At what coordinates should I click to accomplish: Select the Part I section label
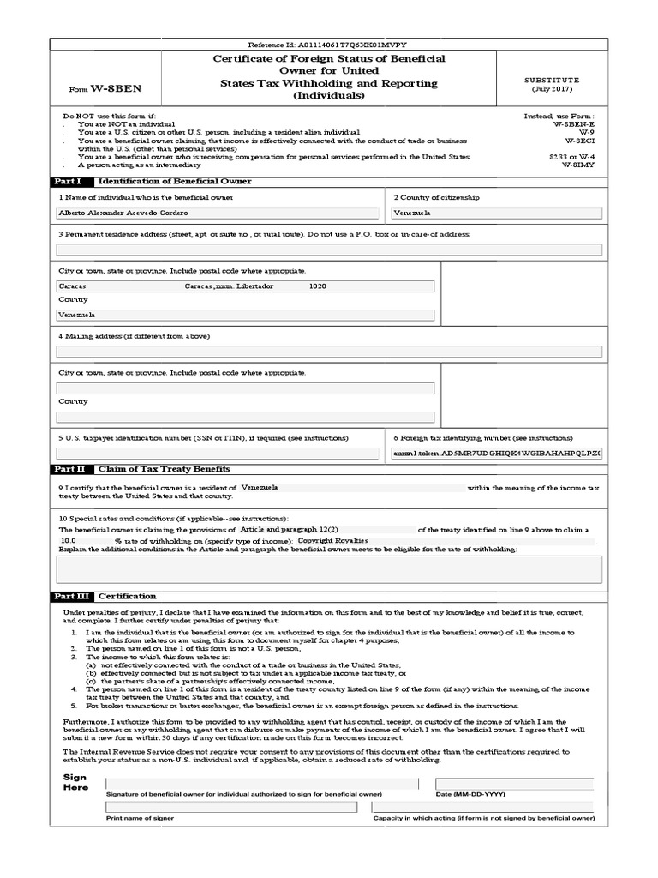pyautogui.click(x=68, y=182)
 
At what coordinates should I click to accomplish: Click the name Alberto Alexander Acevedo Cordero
pyautogui.click(x=123, y=213)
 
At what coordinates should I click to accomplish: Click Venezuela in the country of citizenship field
pyautogui.click(x=412, y=213)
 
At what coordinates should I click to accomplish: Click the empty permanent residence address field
pyautogui.click(x=329, y=250)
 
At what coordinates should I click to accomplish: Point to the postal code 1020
pyautogui.click(x=317, y=286)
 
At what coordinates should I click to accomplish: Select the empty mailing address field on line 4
pyautogui.click(x=329, y=352)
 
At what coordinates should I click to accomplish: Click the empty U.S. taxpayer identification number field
pyautogui.click(x=218, y=454)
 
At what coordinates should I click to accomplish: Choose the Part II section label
pyautogui.click(x=69, y=469)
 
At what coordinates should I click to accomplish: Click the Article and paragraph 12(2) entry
pyautogui.click(x=284, y=530)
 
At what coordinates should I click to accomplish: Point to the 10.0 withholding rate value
pyautogui.click(x=69, y=542)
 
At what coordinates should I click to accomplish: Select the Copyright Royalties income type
pyautogui.click(x=332, y=542)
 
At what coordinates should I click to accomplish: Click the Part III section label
pyautogui.click(x=70, y=596)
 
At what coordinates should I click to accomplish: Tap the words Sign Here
pyautogui.click(x=75, y=782)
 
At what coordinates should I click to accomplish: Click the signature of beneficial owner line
pyautogui.click(x=261, y=784)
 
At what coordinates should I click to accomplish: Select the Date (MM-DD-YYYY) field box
pyautogui.click(x=514, y=784)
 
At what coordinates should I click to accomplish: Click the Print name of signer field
pyautogui.click(x=231, y=807)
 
